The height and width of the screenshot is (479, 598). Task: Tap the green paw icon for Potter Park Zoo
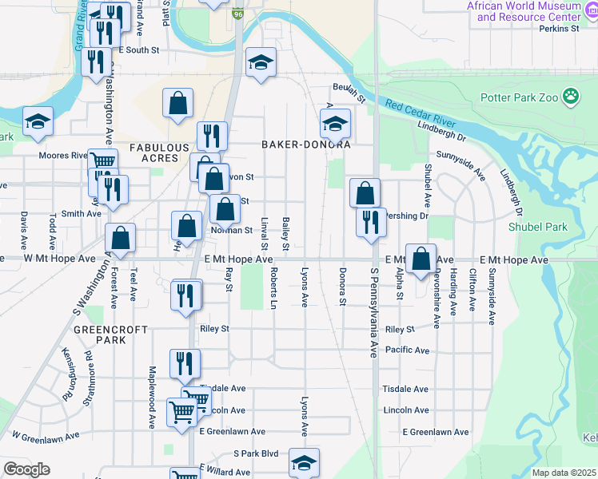point(571,97)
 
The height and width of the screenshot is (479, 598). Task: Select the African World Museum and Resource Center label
point(524,11)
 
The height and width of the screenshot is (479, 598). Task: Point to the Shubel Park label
point(537,227)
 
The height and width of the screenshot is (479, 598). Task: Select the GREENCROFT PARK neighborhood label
point(100,334)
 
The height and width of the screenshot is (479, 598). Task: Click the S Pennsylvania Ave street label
point(373,311)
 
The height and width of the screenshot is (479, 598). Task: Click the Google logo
point(26,469)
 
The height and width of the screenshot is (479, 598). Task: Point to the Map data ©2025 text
point(563,473)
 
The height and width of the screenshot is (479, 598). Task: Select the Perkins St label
point(559,29)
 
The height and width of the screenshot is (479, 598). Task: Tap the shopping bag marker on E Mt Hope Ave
point(421,258)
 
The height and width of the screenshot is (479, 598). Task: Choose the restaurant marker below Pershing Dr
point(370,222)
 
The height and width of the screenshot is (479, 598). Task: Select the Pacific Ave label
point(406,350)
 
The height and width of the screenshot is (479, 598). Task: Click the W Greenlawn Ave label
point(46,436)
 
